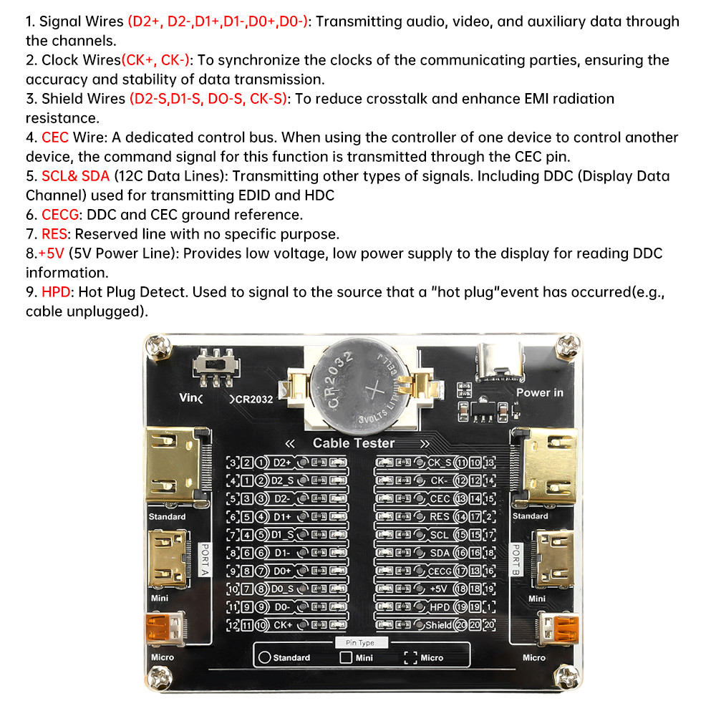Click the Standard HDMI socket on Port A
[x=176, y=465]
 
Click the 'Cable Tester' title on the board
[x=354, y=443]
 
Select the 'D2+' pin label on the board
[x=282, y=463]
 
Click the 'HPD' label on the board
[x=440, y=606]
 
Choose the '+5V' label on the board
[x=440, y=589]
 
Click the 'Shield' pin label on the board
[x=438, y=624]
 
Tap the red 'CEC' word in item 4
[x=56, y=137]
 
